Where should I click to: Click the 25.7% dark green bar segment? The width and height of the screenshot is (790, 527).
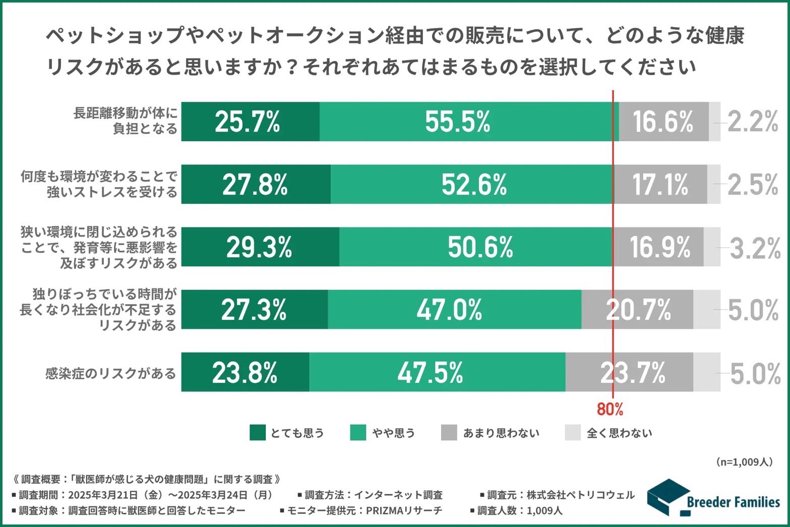(250, 122)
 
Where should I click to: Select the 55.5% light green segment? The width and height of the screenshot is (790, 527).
(469, 122)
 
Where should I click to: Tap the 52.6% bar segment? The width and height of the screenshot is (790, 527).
(472, 184)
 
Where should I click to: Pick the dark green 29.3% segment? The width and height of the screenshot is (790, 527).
(260, 247)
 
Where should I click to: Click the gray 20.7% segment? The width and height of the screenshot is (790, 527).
(637, 309)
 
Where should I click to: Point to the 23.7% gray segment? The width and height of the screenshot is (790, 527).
(629, 372)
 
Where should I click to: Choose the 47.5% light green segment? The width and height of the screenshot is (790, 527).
(437, 372)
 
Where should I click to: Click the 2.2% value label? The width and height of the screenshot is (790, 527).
(753, 122)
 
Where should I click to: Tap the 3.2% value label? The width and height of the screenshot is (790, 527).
(755, 248)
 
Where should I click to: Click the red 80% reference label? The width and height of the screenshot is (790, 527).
(610, 409)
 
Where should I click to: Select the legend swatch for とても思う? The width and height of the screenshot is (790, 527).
(257, 433)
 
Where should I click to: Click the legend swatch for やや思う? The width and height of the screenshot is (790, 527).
(357, 433)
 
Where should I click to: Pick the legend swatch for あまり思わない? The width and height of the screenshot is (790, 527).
(449, 433)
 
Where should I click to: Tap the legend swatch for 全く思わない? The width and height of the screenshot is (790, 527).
(573, 433)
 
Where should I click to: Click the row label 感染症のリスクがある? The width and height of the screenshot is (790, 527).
(110, 374)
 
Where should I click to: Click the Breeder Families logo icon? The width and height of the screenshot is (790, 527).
(667, 497)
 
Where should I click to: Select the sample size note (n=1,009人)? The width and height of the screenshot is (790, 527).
(744, 462)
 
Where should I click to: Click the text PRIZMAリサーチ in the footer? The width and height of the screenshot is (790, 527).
(404, 510)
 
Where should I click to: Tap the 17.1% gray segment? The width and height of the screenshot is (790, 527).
(660, 184)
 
